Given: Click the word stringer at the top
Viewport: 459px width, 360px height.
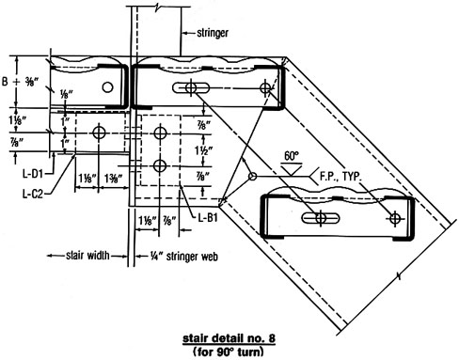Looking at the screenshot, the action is coord(213,33).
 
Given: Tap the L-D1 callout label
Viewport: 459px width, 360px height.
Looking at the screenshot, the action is coord(32,173).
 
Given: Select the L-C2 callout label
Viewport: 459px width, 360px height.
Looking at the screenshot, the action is coord(32,195).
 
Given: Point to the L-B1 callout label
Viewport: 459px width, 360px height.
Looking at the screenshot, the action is coord(208,217).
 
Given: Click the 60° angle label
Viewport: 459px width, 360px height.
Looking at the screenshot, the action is coord(292,156).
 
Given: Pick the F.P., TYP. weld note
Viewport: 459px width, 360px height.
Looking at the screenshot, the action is coord(340,177).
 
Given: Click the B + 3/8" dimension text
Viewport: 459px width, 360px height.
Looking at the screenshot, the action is coord(20,82).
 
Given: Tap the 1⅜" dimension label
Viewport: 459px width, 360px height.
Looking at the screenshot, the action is coord(113,179).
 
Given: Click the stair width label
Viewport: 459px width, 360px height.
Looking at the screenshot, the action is coord(87,256).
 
